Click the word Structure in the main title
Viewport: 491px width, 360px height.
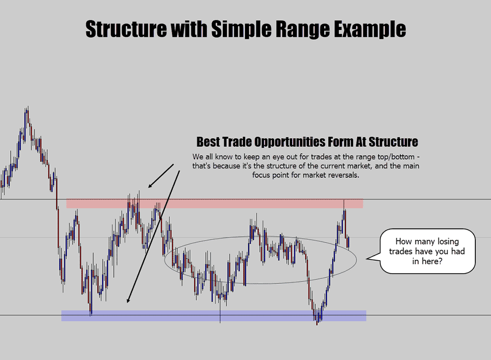click(x=126, y=29)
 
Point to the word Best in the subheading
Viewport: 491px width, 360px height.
click(x=208, y=141)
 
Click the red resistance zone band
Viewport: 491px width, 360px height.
click(x=215, y=204)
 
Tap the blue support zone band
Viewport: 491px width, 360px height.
click(x=214, y=316)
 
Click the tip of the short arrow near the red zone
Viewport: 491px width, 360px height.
click(x=148, y=187)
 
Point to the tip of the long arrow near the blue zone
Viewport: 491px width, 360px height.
click(x=128, y=303)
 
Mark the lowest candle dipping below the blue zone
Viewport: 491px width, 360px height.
click(x=317, y=324)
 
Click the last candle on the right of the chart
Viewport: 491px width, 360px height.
click(x=349, y=242)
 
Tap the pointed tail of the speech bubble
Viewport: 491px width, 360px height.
click(x=367, y=259)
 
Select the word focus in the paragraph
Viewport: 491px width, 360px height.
click(x=261, y=175)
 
